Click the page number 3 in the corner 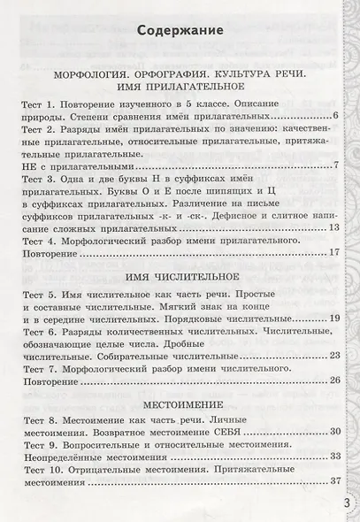pyautogui.click(x=348, y=502)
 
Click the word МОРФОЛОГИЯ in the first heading pyautogui.click(x=93, y=76)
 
